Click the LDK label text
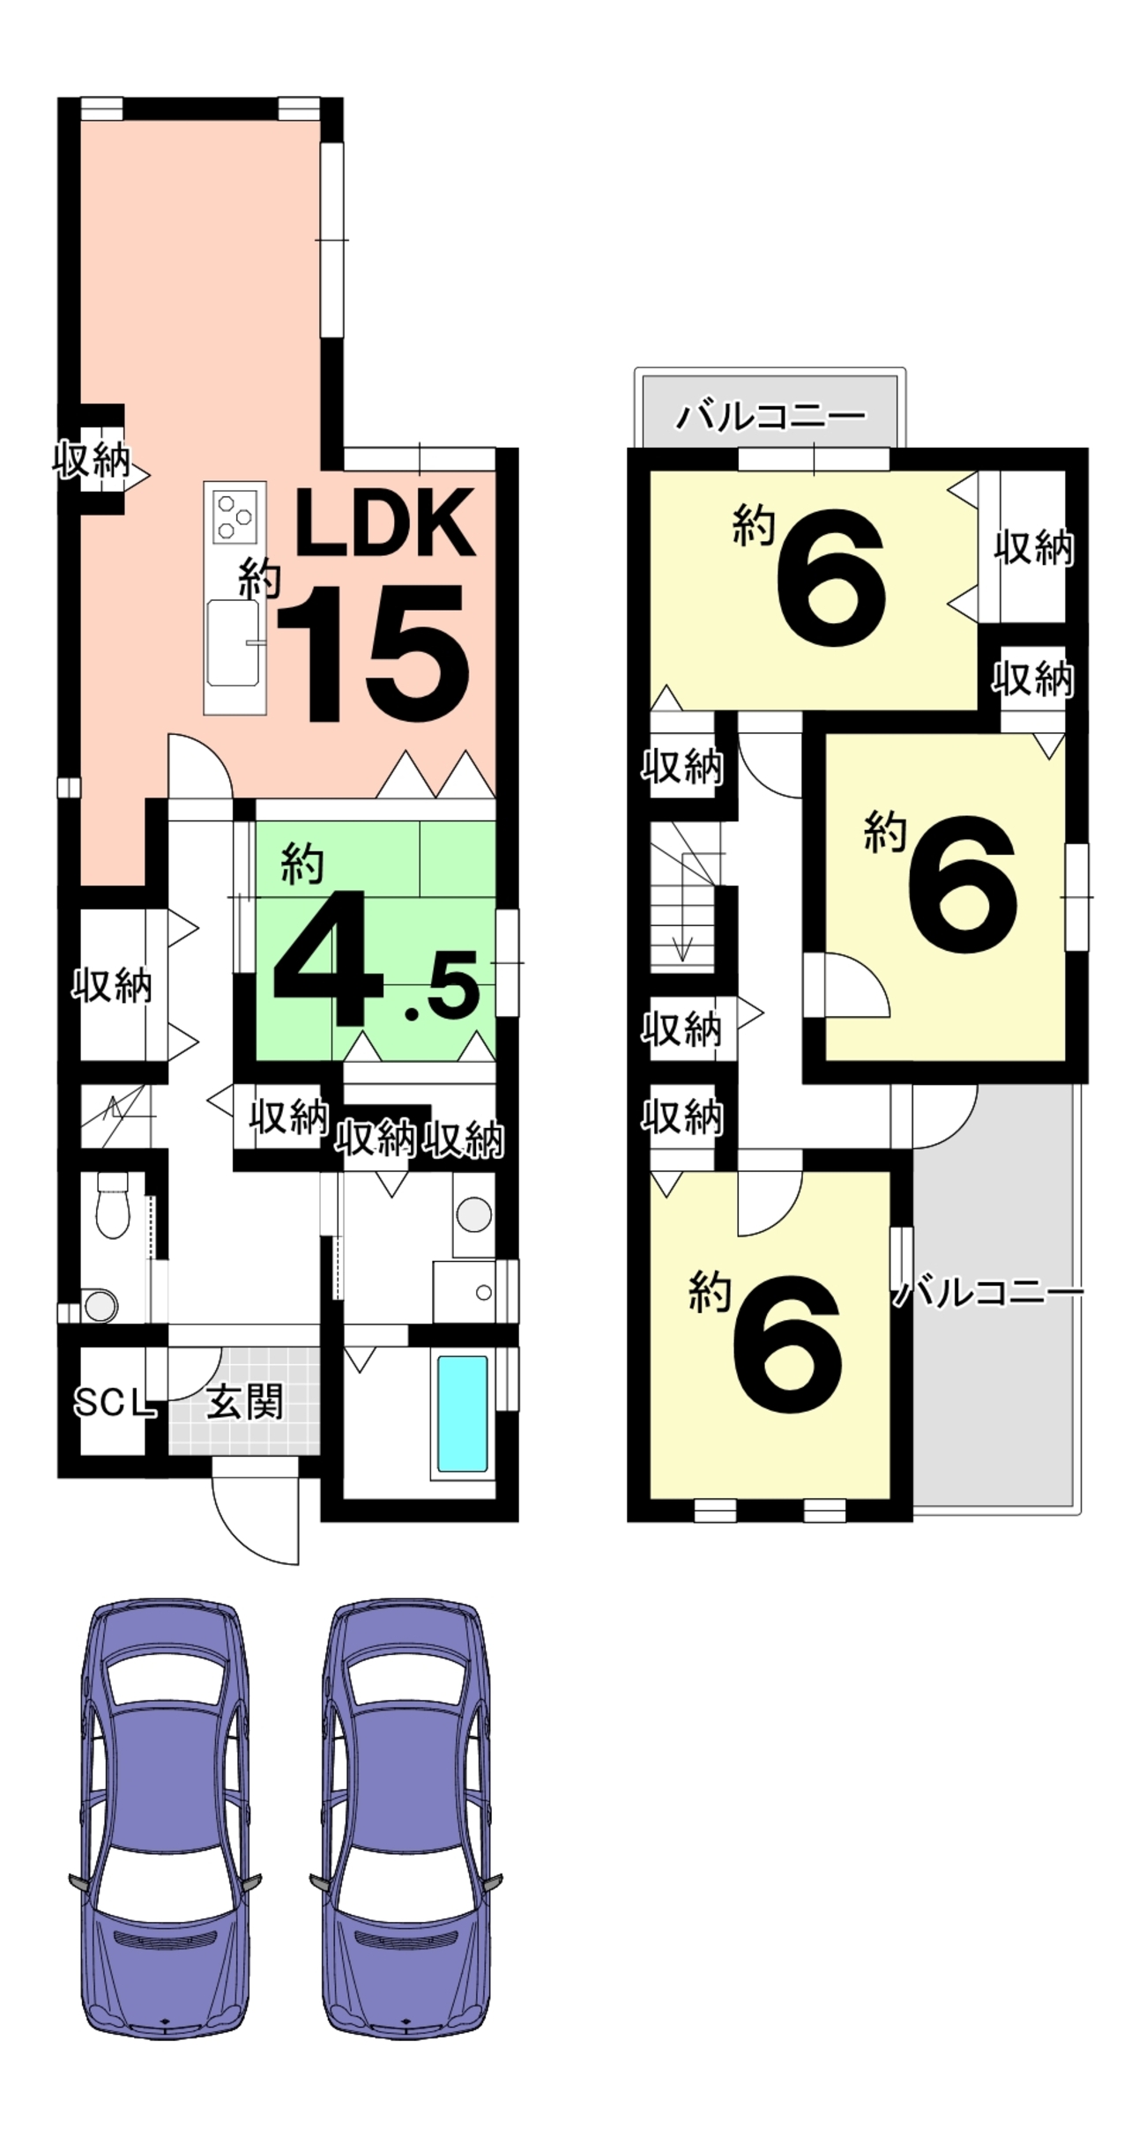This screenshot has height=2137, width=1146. tap(384, 523)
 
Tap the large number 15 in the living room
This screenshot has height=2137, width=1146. tap(374, 653)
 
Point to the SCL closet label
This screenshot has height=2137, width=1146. tap(114, 1402)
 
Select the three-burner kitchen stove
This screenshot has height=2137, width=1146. tap(235, 516)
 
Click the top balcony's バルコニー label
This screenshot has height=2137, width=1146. tap(770, 415)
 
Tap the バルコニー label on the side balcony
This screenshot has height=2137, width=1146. tap(989, 1294)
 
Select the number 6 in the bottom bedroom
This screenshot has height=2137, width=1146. tap(787, 1344)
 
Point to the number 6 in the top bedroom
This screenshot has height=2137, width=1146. tap(830, 576)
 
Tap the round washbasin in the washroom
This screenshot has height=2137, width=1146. tap(474, 1215)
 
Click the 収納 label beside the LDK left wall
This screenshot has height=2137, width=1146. tap(91, 460)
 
